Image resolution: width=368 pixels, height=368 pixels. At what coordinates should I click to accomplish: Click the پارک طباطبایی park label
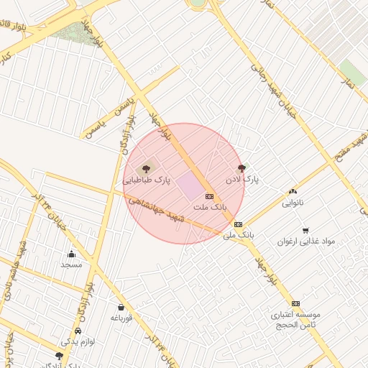tap(147, 181)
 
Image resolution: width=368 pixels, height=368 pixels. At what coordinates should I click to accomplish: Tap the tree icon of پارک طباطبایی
tap(147, 168)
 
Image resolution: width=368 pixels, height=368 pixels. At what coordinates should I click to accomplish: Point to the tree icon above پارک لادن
tap(241, 167)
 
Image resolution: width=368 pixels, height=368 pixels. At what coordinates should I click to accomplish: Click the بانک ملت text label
tap(210, 207)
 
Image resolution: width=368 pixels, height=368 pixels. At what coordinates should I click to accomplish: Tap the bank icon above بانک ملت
tap(209, 195)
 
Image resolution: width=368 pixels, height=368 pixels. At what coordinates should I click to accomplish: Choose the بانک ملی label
tap(239, 235)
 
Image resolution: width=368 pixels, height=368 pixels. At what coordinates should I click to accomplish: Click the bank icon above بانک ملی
tap(239, 224)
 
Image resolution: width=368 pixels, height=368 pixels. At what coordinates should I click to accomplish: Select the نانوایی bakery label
tap(293, 203)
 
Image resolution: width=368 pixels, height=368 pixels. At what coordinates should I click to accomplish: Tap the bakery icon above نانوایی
tap(293, 191)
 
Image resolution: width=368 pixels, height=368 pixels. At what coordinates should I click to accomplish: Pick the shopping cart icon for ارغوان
tap(306, 231)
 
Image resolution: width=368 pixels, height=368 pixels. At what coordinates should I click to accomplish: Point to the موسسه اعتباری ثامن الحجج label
tap(295, 320)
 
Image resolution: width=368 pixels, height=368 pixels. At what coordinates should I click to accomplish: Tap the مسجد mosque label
tap(71, 264)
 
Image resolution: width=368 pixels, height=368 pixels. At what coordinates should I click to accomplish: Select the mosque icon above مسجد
tap(71, 254)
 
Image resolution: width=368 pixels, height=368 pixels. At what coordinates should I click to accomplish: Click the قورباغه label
tap(121, 319)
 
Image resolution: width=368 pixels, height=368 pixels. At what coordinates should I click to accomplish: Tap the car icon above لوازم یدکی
tap(76, 331)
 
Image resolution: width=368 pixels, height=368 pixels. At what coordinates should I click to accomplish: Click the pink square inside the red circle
tap(190, 184)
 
